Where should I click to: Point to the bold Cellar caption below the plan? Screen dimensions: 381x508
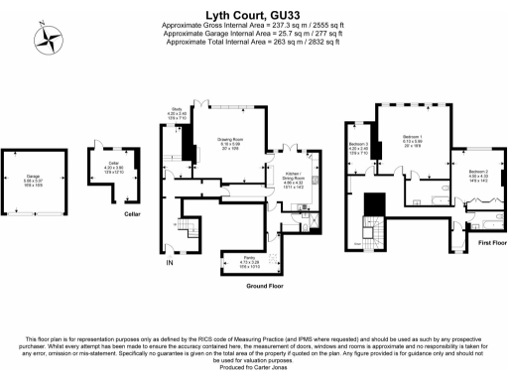pos(132,213)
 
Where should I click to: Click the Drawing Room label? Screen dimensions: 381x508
pos(230,144)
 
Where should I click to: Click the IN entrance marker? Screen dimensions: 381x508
pos(169,264)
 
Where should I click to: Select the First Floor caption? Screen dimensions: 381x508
pos(492,242)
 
